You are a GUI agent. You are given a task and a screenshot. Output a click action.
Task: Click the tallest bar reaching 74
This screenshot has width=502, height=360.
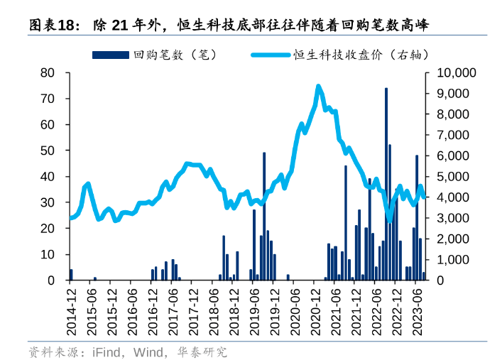tap(386, 185)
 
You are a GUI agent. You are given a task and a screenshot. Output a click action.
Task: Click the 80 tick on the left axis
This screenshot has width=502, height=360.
tap(48, 72)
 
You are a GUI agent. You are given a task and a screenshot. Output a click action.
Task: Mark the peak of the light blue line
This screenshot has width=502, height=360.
tap(318, 87)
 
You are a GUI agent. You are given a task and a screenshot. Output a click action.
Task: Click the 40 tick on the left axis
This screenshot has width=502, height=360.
tap(48, 176)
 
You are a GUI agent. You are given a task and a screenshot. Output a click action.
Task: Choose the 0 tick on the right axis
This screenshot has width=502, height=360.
tap(435, 280)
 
